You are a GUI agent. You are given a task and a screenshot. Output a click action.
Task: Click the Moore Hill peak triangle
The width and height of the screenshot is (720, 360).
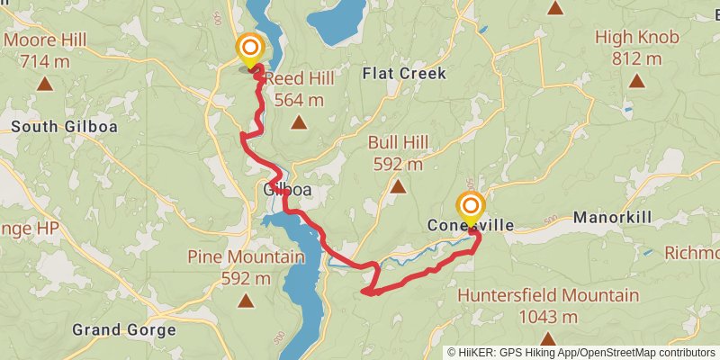click(44, 85)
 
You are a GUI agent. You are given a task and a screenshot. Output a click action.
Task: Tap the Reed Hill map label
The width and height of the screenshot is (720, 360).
click(299, 79)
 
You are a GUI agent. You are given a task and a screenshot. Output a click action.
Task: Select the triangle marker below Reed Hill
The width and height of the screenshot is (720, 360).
click(298, 122)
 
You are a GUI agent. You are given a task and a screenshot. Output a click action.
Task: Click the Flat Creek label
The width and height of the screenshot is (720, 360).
click(404, 73)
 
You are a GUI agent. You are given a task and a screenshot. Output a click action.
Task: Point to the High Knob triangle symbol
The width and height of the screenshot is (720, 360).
click(636, 81)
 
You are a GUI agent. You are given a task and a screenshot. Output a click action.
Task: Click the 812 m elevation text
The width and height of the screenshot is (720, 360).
click(636, 58)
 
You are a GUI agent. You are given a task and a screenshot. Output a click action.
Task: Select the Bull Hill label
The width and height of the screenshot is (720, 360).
click(397, 143)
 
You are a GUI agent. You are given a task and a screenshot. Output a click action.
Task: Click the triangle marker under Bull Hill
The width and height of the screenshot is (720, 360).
click(397, 186)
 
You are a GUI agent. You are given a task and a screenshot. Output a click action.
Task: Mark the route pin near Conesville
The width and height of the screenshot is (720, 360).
click(469, 208)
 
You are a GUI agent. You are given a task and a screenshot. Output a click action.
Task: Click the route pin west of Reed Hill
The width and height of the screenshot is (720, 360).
click(249, 49)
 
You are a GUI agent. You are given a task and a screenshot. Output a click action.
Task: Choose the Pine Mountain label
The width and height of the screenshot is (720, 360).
click(246, 257)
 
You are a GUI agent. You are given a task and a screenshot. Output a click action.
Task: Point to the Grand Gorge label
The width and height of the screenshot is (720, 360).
click(123, 330)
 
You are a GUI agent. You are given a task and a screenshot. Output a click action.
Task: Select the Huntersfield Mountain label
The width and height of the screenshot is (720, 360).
click(548, 295)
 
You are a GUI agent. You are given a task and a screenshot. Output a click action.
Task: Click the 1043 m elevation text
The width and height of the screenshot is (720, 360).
click(548, 317)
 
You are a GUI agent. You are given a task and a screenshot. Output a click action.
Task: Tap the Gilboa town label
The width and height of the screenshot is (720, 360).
click(288, 191)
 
